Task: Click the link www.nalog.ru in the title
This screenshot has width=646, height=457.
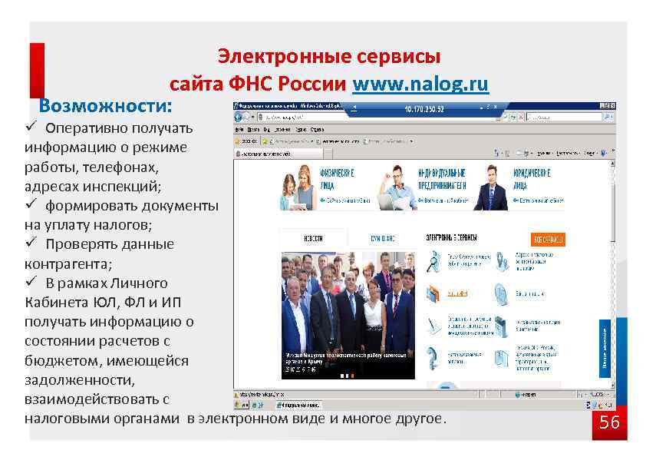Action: click(420, 84)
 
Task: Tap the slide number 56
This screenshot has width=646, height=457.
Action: click(609, 422)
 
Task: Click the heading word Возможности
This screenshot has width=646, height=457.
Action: click(106, 104)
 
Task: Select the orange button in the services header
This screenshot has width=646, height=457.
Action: click(547, 239)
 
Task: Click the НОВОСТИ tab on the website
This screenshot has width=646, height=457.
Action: click(312, 239)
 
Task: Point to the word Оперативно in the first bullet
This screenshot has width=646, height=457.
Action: click(85, 127)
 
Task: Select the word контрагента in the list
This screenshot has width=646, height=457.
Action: click(61, 263)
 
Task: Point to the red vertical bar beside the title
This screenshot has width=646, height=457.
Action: click(37, 70)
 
